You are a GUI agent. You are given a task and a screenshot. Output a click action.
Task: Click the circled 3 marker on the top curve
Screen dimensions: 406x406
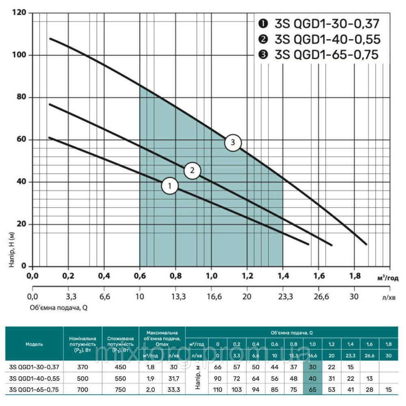click(x=233, y=143)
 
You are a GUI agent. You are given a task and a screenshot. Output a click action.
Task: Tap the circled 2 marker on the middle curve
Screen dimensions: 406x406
click(x=192, y=171)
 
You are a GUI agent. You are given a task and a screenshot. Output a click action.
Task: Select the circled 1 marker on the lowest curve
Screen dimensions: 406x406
click(x=170, y=186)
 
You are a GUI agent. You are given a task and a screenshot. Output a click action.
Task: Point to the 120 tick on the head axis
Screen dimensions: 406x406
click(x=19, y=13)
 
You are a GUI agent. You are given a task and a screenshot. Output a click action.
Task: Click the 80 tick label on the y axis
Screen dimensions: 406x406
click(x=22, y=97)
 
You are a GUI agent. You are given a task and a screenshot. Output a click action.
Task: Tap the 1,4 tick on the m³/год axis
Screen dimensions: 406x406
click(x=283, y=277)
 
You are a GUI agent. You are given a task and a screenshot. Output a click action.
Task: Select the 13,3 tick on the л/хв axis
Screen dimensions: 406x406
click(x=175, y=296)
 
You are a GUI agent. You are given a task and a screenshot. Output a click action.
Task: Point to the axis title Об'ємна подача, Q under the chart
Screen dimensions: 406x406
click(x=58, y=307)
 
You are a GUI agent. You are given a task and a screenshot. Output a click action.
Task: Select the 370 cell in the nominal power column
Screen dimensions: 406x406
click(x=83, y=367)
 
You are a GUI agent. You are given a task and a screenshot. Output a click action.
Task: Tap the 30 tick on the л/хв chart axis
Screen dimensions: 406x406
click(x=354, y=296)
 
